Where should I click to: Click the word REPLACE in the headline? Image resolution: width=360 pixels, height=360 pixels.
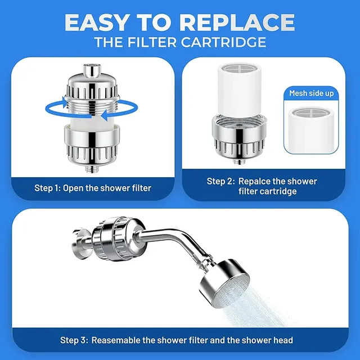point(237,22)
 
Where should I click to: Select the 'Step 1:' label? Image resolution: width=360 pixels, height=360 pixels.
point(47,188)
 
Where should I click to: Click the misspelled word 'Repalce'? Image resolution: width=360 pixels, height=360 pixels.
point(254,181)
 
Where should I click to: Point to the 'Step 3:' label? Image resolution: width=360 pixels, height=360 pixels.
point(74,340)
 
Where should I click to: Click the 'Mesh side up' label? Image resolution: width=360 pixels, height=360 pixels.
point(311,93)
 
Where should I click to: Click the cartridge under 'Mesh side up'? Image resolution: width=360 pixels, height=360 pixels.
point(311,130)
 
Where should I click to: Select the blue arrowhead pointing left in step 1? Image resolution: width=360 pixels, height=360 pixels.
point(105,115)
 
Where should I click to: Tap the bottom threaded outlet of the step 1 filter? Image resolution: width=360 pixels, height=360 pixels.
point(92,169)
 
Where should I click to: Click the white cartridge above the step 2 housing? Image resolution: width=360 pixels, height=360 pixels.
point(239,90)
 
